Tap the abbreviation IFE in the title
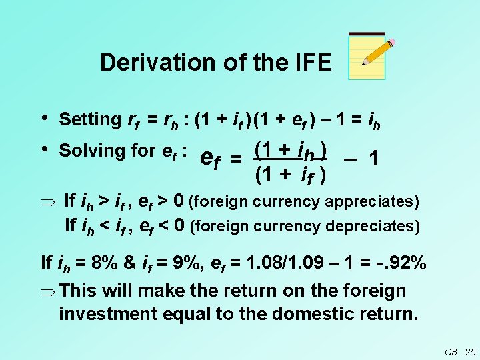(307, 63)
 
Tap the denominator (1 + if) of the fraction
(291, 176)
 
